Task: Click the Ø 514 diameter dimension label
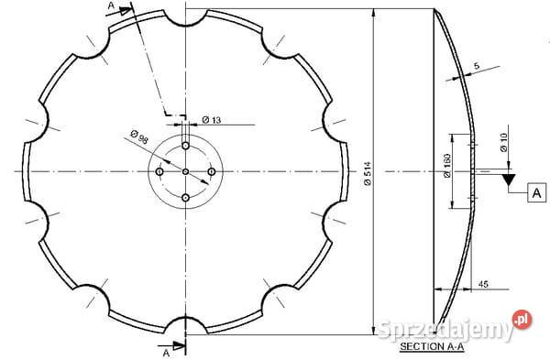click(x=368, y=173)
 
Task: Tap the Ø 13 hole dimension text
click(x=212, y=120)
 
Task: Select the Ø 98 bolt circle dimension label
click(x=139, y=136)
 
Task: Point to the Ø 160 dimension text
click(x=447, y=166)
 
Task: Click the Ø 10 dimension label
click(x=503, y=142)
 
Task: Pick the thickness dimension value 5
click(x=476, y=66)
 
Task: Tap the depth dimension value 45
click(x=483, y=284)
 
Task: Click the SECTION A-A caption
click(x=432, y=346)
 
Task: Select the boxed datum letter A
click(x=536, y=192)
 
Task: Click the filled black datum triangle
click(x=508, y=179)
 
